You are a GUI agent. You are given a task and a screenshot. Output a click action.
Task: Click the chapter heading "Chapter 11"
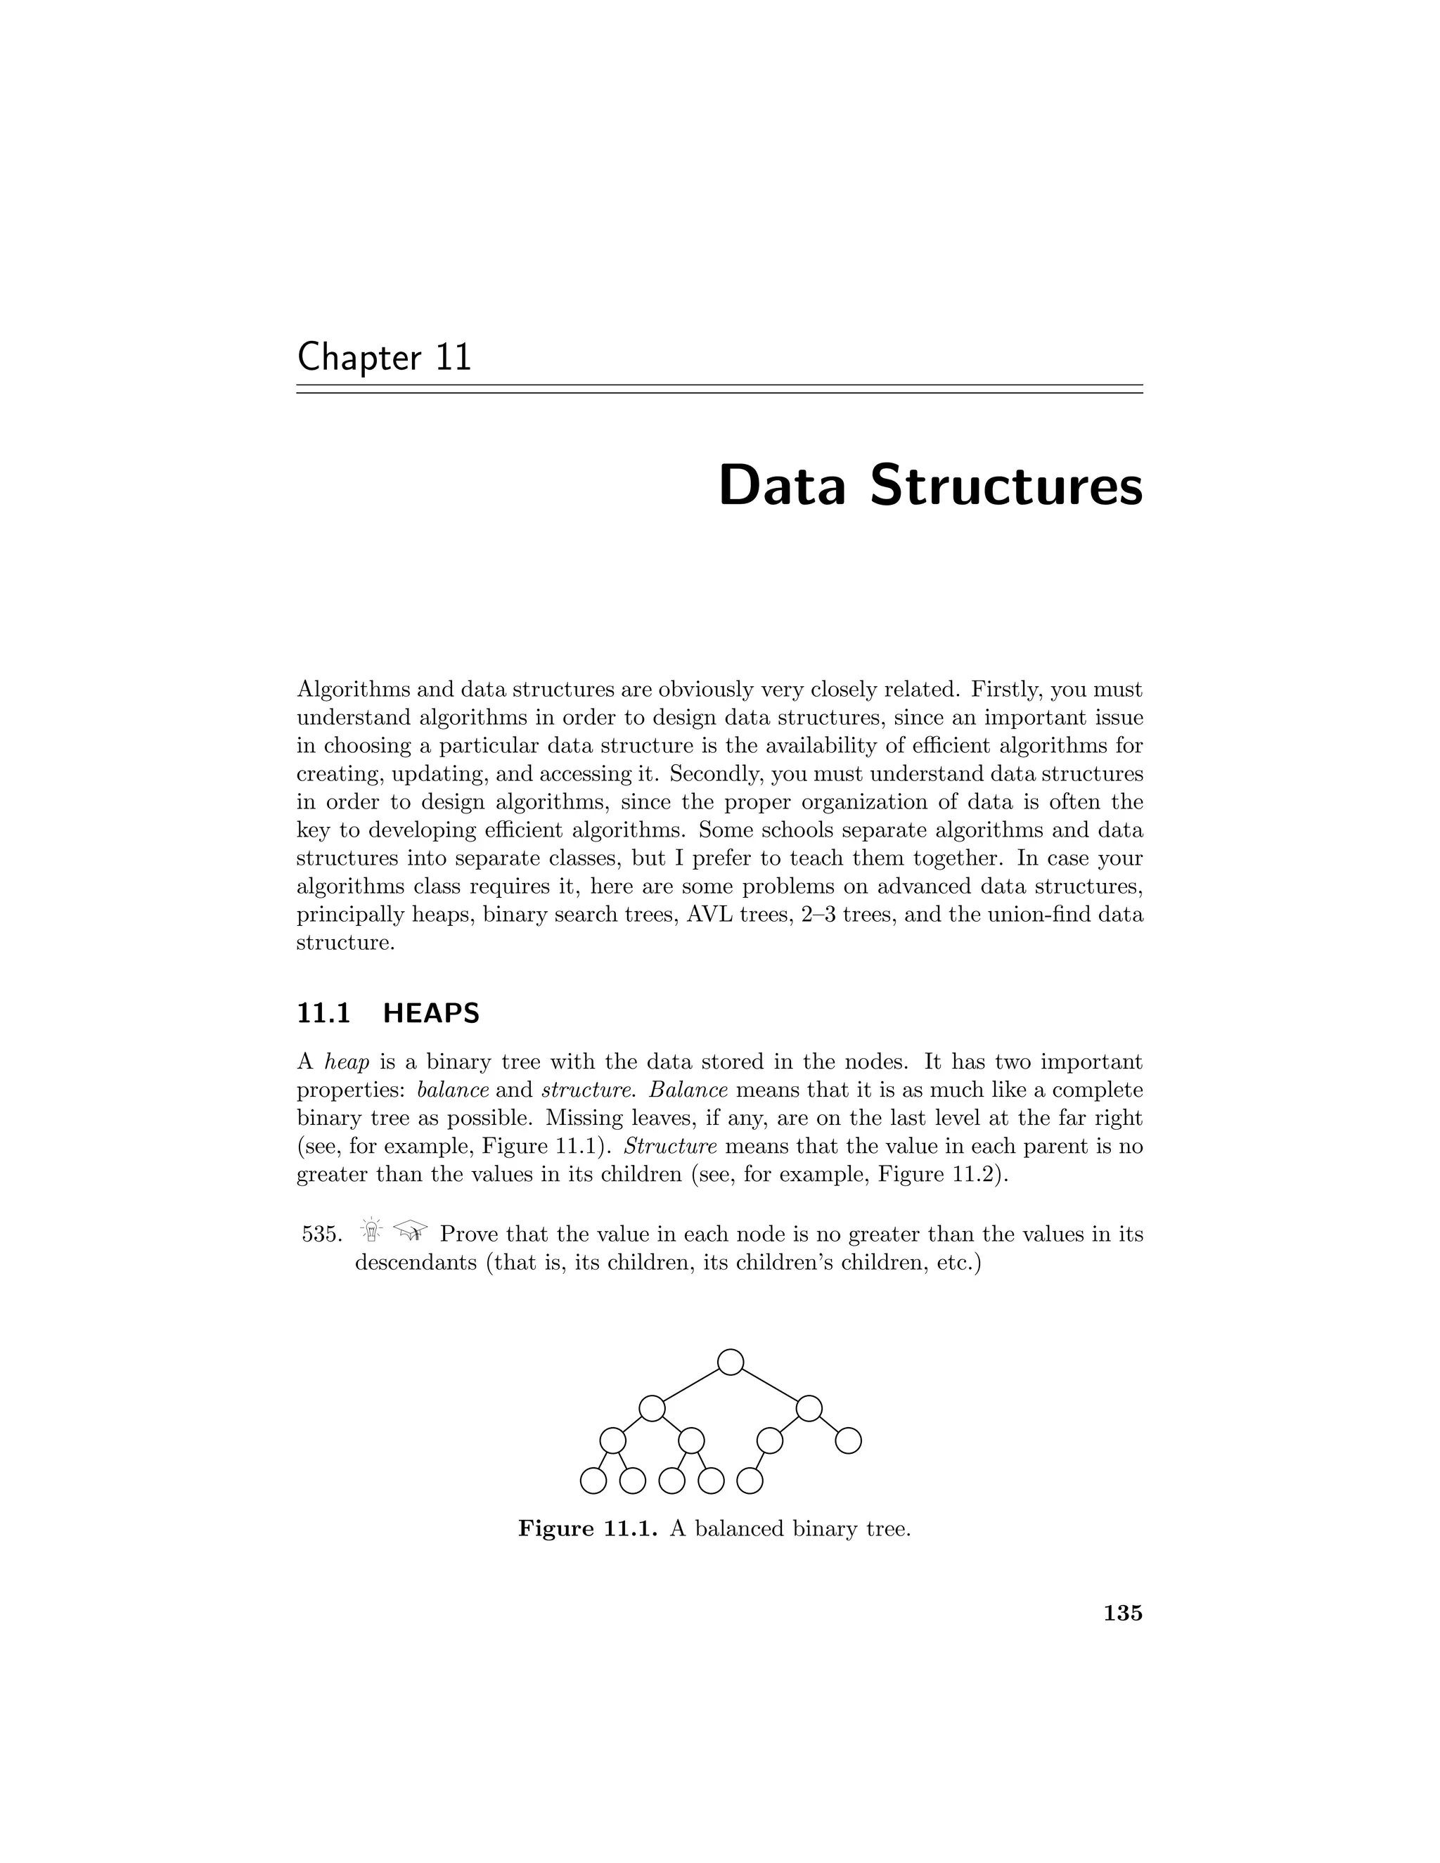(x=384, y=356)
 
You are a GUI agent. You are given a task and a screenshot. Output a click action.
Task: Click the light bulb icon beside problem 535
(x=372, y=1232)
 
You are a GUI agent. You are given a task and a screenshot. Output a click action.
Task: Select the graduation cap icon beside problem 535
(x=411, y=1232)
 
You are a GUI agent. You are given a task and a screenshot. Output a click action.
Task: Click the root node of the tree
(x=731, y=1362)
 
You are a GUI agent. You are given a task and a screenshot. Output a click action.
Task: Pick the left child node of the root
(x=652, y=1408)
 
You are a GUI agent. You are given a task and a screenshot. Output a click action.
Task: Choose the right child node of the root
(x=809, y=1408)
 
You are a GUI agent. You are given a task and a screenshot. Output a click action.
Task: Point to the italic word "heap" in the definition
(x=347, y=1063)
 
